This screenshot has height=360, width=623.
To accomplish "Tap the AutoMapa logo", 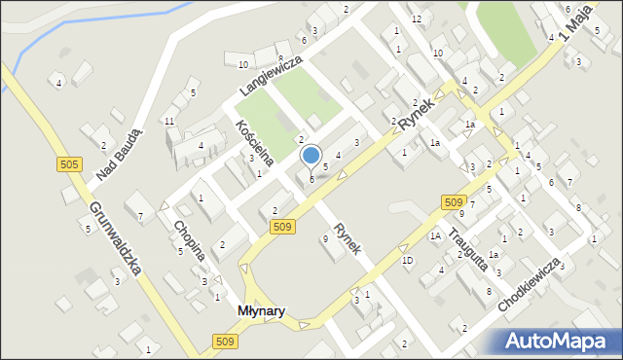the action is [x=558, y=341].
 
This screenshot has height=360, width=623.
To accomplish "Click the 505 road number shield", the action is [x=68, y=164].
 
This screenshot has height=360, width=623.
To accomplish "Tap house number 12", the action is [x=416, y=19].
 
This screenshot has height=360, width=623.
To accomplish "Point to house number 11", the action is [x=168, y=121].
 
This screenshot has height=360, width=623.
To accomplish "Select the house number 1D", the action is [x=407, y=261].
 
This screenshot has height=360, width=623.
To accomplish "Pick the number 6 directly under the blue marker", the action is [x=311, y=179].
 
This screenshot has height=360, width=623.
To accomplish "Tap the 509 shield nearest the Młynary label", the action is [x=223, y=341].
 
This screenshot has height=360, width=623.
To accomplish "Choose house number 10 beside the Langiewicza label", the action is [x=242, y=65].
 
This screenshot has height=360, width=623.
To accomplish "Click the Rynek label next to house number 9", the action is [x=348, y=238].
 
